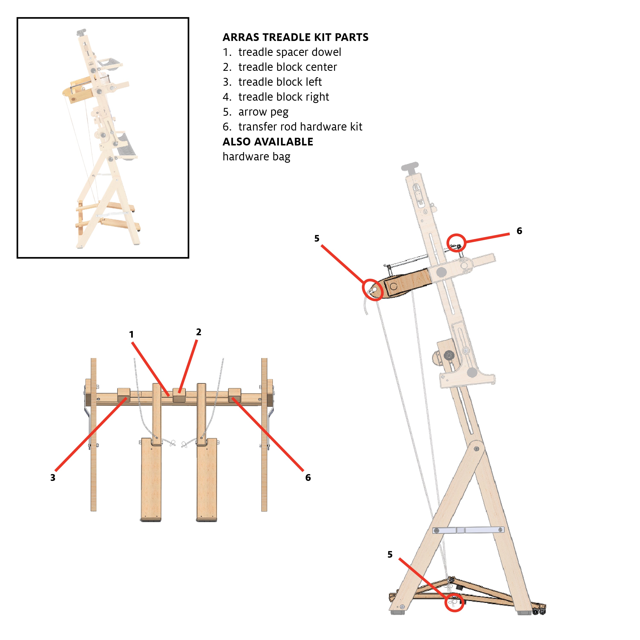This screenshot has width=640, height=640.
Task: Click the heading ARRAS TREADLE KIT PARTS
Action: tap(295, 37)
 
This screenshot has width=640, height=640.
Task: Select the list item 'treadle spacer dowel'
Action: tap(290, 52)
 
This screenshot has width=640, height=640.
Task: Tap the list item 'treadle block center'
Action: tap(287, 67)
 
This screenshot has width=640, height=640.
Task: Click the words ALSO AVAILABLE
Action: tap(268, 142)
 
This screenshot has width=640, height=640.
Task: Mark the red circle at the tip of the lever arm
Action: tap(373, 290)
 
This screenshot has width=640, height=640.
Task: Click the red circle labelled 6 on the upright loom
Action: tap(456, 243)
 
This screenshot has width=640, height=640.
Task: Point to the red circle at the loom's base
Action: tap(454, 602)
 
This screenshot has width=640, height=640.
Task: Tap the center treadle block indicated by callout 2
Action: tap(179, 395)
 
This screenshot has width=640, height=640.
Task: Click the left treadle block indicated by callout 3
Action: tap(123, 395)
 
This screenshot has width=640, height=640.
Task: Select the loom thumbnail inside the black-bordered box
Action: tap(103, 138)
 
